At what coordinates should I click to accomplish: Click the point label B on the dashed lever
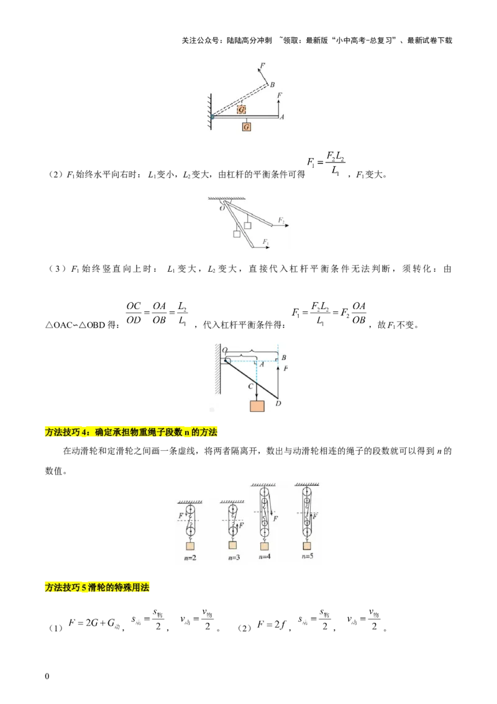[272, 85]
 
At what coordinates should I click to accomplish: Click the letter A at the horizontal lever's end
[282, 117]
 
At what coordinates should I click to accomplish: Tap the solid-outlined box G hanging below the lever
[247, 126]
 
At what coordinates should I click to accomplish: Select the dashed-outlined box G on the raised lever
[242, 109]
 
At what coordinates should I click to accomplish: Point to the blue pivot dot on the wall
[212, 116]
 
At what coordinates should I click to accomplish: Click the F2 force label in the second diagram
[281, 221]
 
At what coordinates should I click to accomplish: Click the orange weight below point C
[257, 405]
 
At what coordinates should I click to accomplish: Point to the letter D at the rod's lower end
[278, 404]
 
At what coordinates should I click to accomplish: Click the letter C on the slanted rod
[250, 386]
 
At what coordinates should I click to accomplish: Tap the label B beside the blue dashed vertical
[283, 358]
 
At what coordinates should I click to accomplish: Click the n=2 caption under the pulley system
[190, 557]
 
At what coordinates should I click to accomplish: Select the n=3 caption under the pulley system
[233, 557]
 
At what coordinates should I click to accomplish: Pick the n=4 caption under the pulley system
[264, 557]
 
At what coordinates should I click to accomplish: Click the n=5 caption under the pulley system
[307, 556]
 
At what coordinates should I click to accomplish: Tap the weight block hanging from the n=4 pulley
[265, 546]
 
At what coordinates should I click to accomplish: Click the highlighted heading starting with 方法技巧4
[131, 432]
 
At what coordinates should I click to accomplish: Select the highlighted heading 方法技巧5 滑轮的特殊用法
[98, 587]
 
